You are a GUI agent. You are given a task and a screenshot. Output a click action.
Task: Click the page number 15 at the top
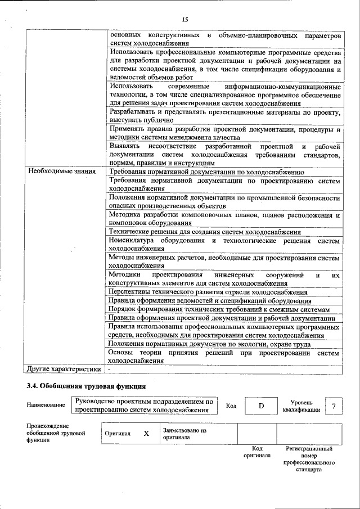185,20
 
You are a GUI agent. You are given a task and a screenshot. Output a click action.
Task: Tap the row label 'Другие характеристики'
64,369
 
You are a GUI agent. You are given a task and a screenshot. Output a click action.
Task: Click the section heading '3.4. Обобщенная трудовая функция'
86,386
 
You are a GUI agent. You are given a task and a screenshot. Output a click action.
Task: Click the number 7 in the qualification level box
334,406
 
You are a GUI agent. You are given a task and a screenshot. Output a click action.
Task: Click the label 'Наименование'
45,406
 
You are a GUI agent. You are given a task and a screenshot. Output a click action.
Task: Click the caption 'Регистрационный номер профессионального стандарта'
309,459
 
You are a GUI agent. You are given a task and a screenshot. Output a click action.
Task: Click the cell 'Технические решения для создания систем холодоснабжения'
205,232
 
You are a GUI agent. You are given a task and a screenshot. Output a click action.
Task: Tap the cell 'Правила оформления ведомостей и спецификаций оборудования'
206,301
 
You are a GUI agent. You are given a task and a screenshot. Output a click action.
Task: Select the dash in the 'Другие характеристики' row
110,370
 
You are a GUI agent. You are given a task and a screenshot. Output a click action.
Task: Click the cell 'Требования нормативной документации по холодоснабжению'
206,172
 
